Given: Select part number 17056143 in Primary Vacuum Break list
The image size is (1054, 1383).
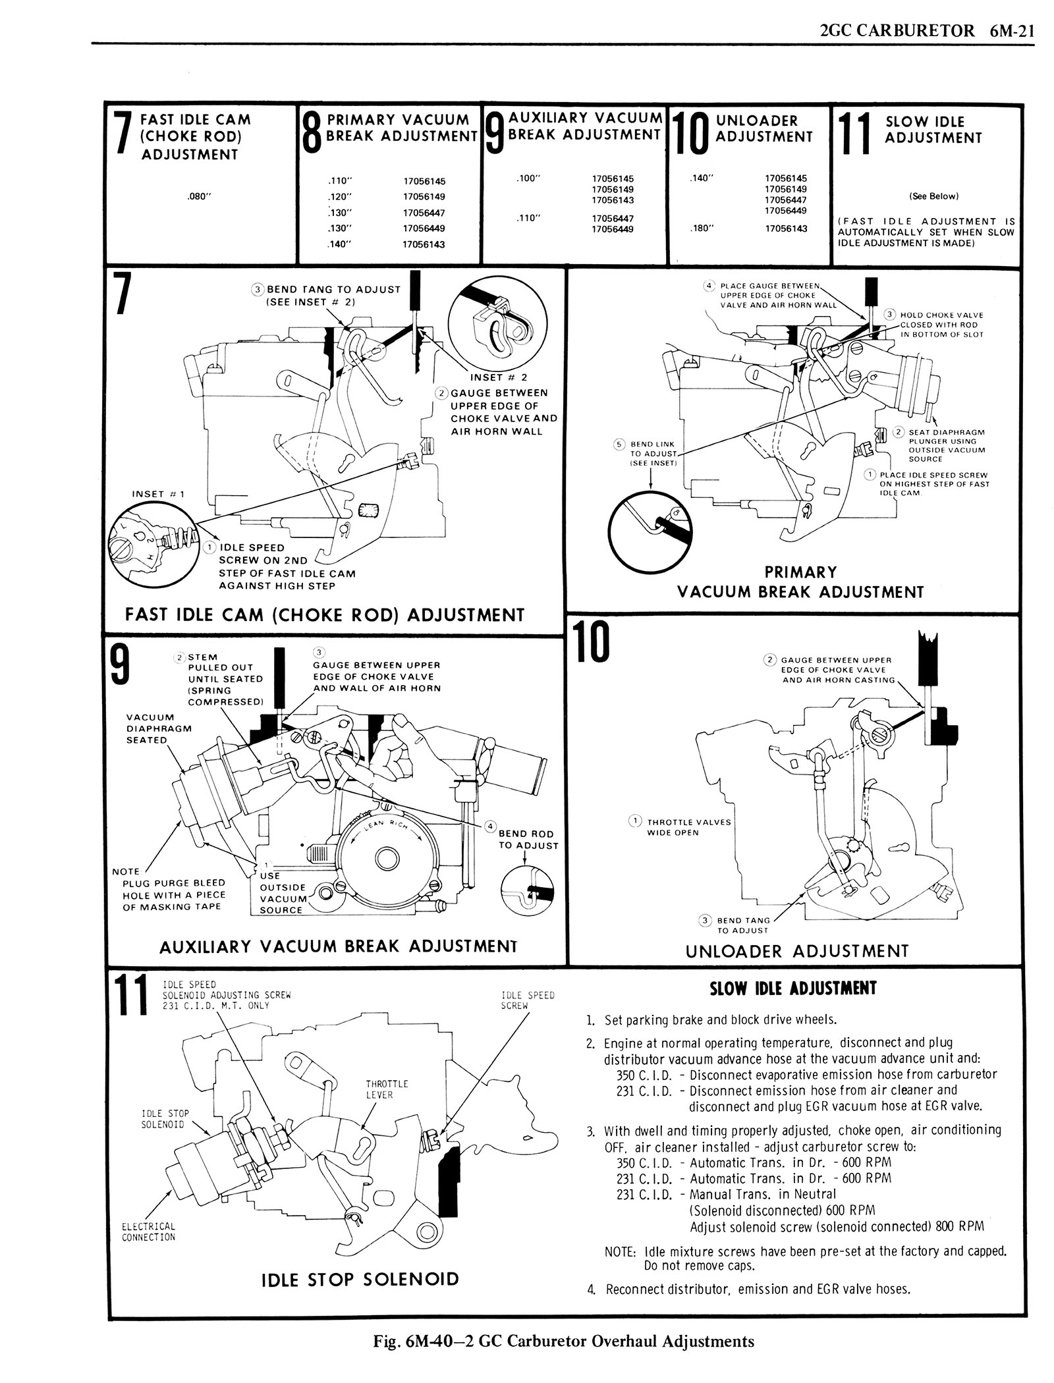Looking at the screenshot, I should click(x=424, y=244).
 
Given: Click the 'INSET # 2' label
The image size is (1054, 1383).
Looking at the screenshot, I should click(x=499, y=377).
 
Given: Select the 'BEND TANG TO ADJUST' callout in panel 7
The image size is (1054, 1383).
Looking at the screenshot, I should click(x=333, y=296).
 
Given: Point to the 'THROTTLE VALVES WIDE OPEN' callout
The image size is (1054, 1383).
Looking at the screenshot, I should click(x=688, y=827).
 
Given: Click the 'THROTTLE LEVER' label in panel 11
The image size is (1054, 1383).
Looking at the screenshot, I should click(x=379, y=1089).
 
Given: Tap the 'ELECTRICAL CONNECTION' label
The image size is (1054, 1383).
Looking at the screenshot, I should click(x=148, y=1232).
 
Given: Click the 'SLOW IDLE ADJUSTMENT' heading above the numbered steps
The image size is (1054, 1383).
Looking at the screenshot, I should click(x=794, y=989).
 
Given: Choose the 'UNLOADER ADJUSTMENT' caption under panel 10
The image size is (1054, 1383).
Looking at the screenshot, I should click(x=797, y=951).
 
